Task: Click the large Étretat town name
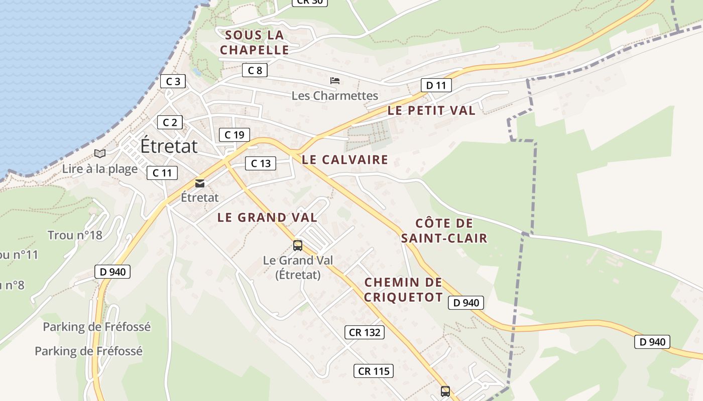169,146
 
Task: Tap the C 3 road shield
173,81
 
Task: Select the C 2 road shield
170,122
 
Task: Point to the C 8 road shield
255,70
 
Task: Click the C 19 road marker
235,134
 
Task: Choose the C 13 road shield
261,163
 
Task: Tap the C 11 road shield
162,173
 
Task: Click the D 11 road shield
436,85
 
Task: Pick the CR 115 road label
374,371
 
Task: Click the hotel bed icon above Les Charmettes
335,81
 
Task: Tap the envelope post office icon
200,183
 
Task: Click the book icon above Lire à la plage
100,153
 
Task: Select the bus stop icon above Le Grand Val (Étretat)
298,245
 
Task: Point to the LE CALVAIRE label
345,160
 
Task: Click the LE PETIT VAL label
431,111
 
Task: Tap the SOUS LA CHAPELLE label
255,43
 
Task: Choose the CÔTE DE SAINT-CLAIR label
444,231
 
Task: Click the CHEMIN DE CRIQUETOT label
404,290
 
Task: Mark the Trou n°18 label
75,235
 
